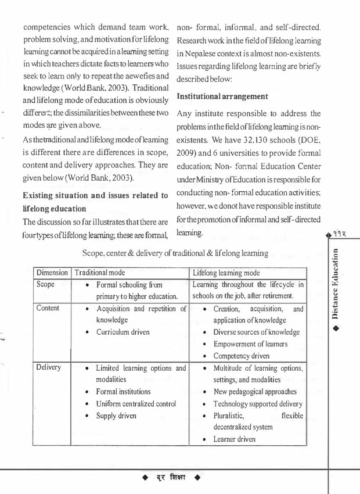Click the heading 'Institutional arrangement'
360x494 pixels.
point(222,95)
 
